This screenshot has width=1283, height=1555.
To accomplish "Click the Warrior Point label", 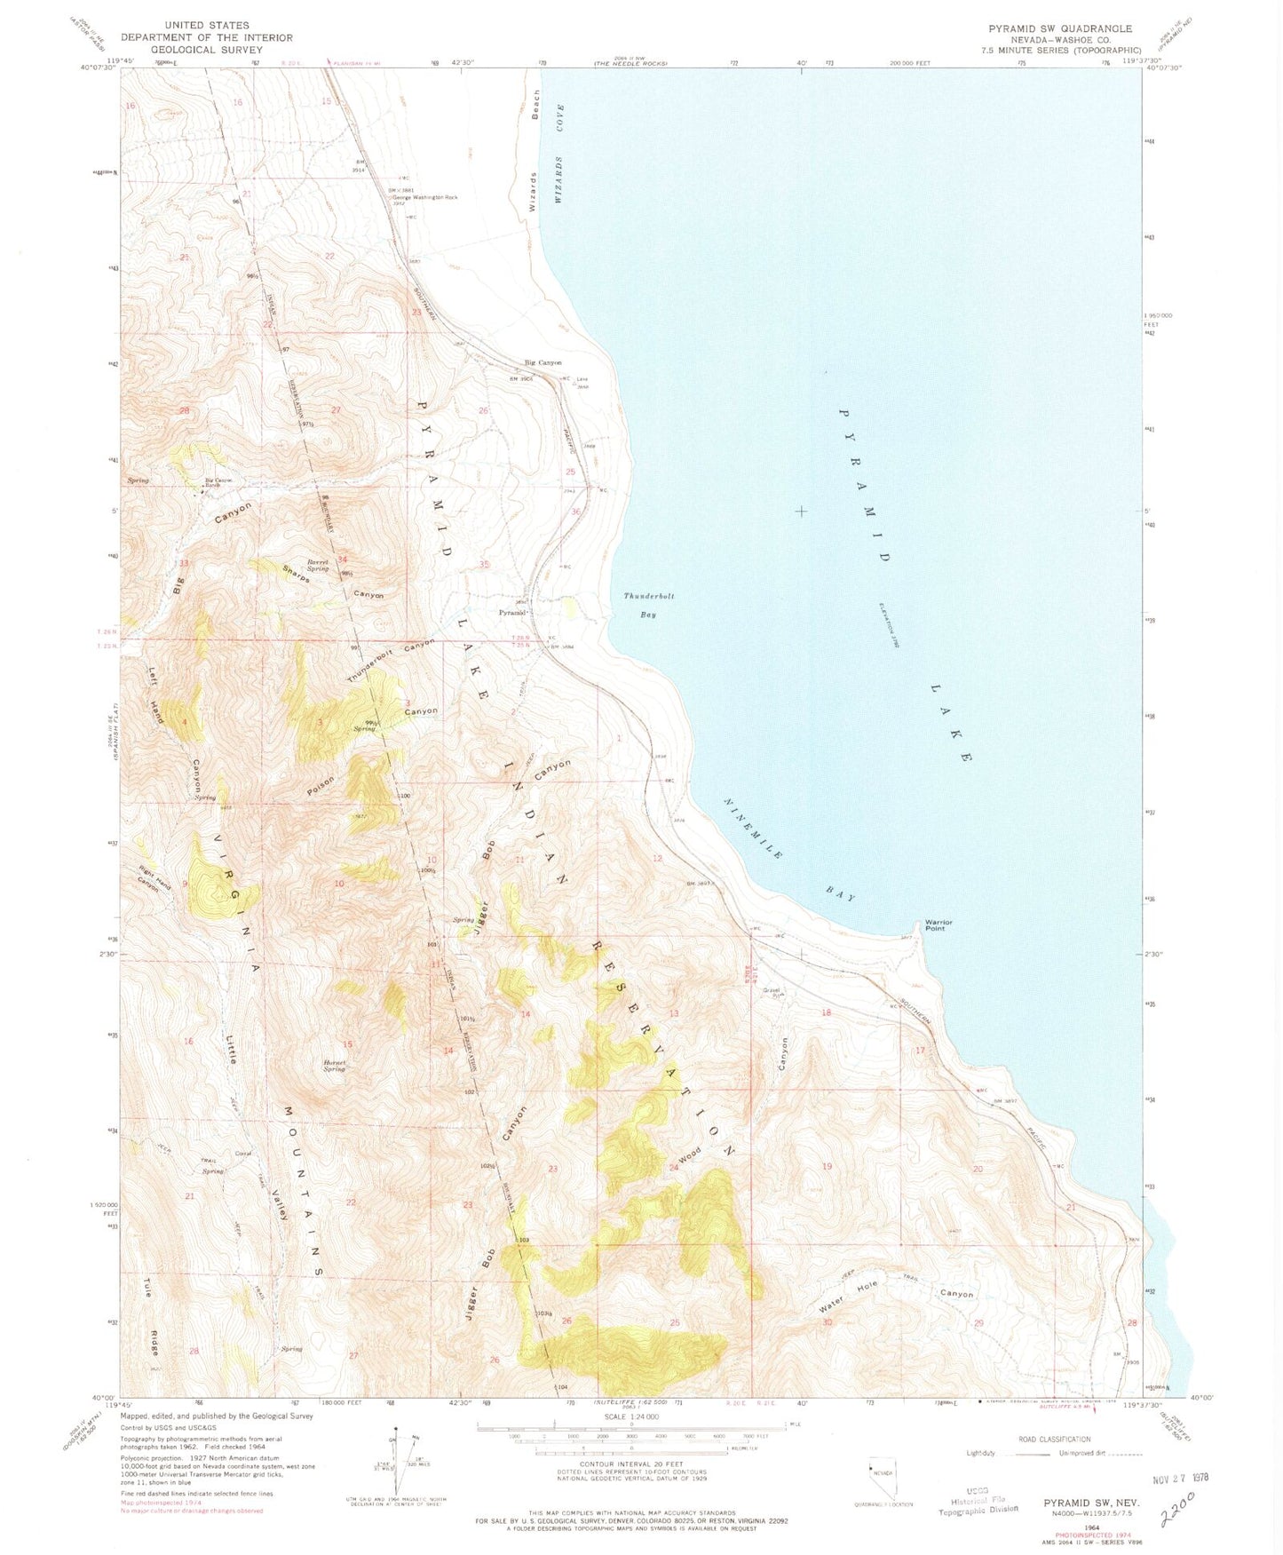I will (938, 925).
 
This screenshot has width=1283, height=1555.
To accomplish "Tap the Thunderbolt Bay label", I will (649, 605).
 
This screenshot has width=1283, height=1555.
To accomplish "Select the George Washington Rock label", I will (431, 197).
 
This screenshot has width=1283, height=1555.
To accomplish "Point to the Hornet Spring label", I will (335, 1066).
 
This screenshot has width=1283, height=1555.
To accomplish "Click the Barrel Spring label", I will (319, 565).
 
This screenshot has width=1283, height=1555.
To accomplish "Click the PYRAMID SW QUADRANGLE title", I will (1060, 28).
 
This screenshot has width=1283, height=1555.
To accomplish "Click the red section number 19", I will (827, 1166).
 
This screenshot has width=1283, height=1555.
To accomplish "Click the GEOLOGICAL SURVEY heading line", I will (206, 50).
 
